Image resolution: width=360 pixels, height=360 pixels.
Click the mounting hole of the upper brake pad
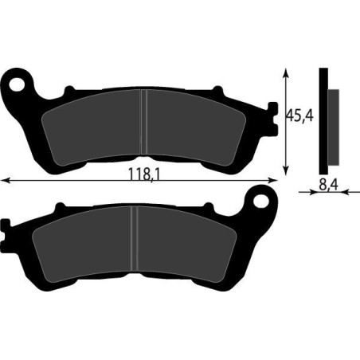18,81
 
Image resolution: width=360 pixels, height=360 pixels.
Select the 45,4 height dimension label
300,116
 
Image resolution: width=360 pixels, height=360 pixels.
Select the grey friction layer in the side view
333,123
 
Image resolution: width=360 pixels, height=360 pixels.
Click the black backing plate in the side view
323,119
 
